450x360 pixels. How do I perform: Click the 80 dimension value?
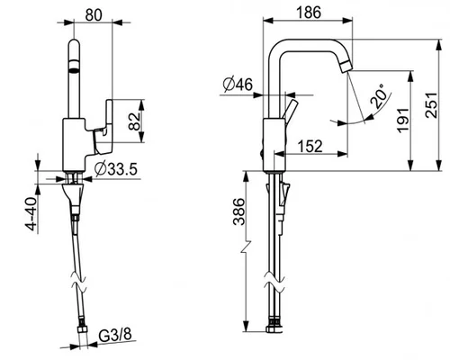[x=94, y=15]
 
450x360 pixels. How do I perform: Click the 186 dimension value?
[x=309, y=13]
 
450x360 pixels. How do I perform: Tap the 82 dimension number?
[x=135, y=121]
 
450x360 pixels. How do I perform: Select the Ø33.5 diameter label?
[x=116, y=169]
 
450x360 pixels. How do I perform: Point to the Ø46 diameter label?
[x=238, y=85]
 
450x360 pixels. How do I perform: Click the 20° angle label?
[x=378, y=96]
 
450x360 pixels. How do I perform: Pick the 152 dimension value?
[x=310, y=147]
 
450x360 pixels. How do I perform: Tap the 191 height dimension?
[x=403, y=120]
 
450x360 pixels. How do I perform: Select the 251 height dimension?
[x=432, y=105]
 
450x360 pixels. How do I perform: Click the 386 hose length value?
[x=239, y=211]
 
